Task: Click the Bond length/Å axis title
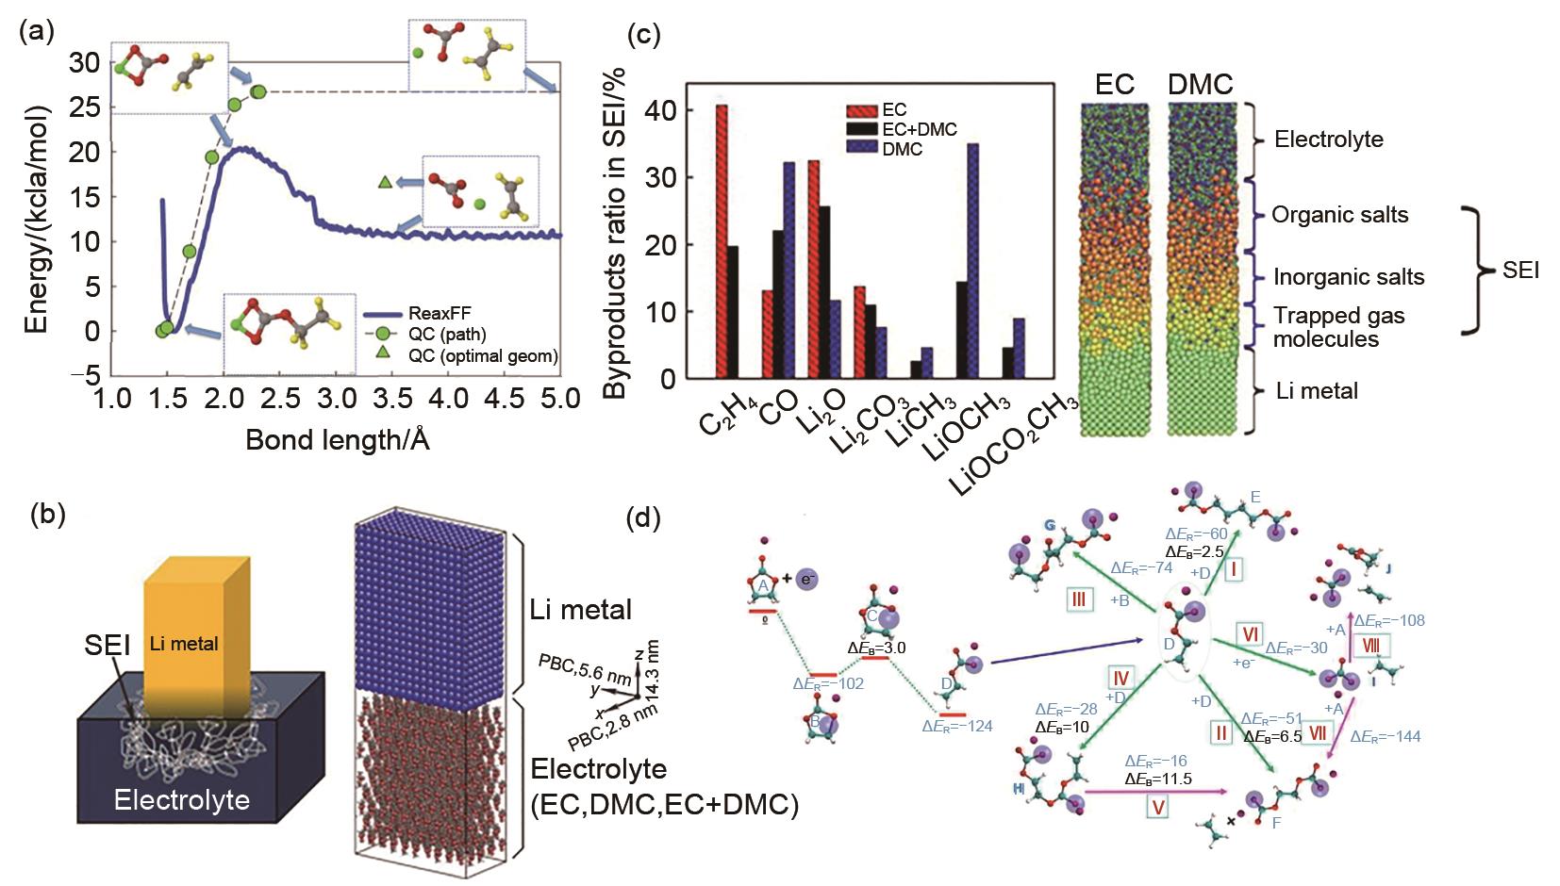click(x=338, y=440)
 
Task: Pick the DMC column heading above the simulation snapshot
click(x=1200, y=85)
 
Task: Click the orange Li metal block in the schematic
click(x=196, y=622)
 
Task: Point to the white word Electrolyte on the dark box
click(x=182, y=800)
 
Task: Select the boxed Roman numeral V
click(x=1159, y=806)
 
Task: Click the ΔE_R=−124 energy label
click(x=957, y=725)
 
